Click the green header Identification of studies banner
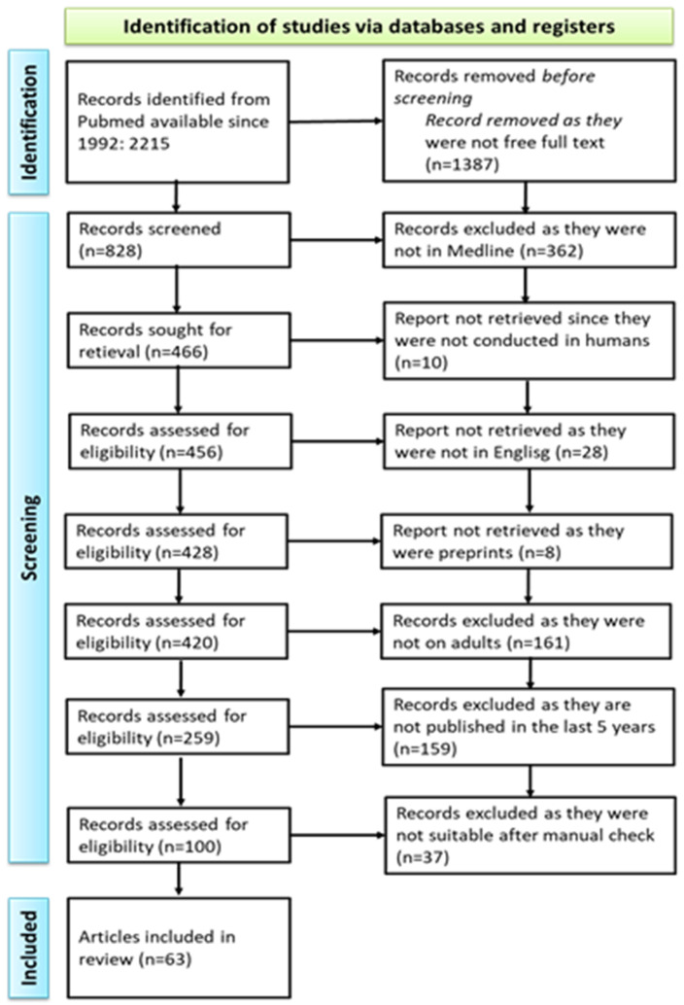[x=369, y=26]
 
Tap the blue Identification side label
[x=28, y=121]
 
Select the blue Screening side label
[x=28, y=537]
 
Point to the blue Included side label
[x=28, y=948]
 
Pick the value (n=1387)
[x=462, y=164]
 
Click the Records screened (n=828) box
[x=179, y=240]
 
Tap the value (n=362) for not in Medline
[x=554, y=251]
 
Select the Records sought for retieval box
[x=179, y=340]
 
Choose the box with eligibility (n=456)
[x=180, y=441]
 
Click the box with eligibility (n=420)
[x=176, y=632]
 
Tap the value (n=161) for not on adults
[x=537, y=642]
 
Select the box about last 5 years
[x=529, y=727]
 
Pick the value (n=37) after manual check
[x=422, y=857]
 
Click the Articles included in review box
[x=179, y=948]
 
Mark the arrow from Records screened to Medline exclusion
[x=336, y=240]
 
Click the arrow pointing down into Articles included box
[x=179, y=879]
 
